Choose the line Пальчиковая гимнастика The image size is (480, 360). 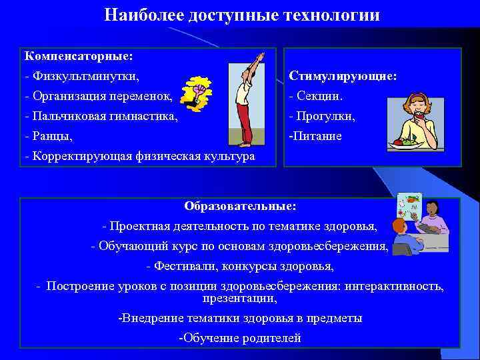click(x=101, y=115)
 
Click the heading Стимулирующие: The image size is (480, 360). click(x=343, y=76)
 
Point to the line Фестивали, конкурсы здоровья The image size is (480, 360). click(x=240, y=266)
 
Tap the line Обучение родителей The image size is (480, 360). click(x=240, y=338)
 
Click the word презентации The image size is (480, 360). click(x=240, y=298)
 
